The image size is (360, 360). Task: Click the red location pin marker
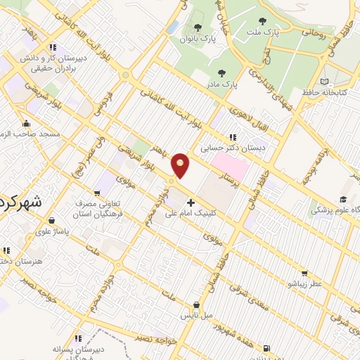[x=181, y=165]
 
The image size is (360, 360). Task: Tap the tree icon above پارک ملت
[x=263, y=22]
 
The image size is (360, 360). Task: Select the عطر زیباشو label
[x=304, y=283]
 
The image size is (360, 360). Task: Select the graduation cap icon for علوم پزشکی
[x=342, y=200]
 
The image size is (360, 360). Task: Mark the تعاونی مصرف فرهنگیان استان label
[x=98, y=207]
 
